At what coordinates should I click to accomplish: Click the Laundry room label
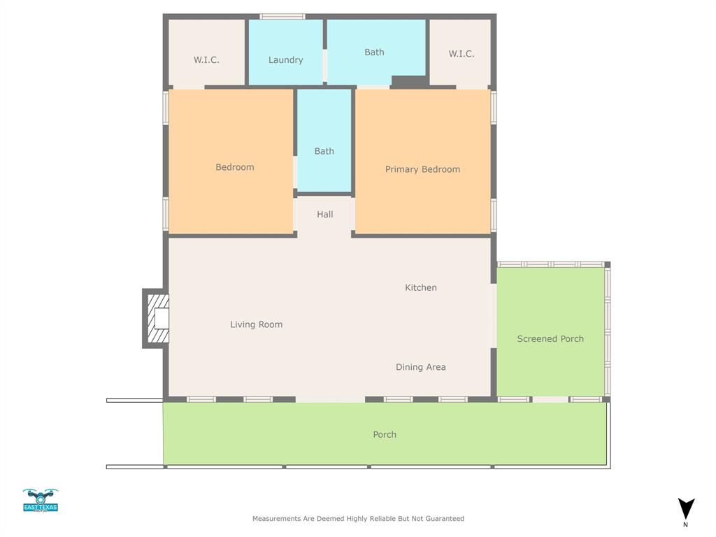[285, 60]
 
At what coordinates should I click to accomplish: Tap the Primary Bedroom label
[422, 169]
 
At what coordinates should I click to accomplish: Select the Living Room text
[256, 324]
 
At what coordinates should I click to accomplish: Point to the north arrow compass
[686, 508]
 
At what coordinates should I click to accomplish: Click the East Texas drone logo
[41, 500]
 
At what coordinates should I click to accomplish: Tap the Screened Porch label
[550, 339]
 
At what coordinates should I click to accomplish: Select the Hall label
[324, 215]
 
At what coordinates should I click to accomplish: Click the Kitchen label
[421, 287]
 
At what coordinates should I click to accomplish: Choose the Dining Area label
[420, 367]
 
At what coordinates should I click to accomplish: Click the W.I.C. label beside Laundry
[206, 60]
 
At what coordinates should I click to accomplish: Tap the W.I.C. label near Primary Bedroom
[461, 54]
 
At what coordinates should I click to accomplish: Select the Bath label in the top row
[374, 52]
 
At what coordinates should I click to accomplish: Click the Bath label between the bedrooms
[324, 151]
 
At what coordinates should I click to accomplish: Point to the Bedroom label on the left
[234, 167]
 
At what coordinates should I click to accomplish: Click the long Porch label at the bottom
[385, 435]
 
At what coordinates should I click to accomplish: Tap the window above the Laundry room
[282, 16]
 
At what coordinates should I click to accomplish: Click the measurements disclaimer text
[358, 519]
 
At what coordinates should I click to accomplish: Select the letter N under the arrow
[685, 524]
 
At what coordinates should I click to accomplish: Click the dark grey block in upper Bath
[409, 82]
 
